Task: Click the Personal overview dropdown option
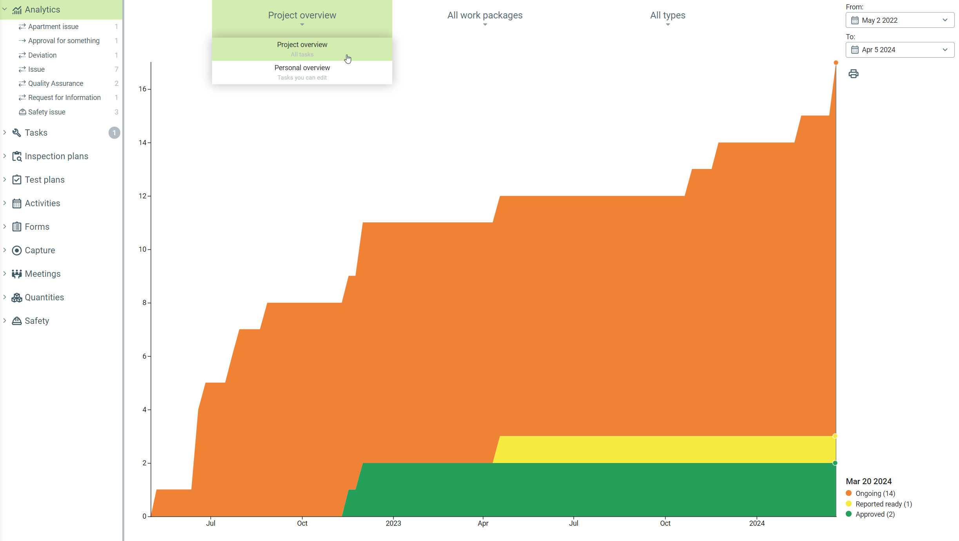coord(302,72)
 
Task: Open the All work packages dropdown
coord(485,16)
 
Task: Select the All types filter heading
coord(667,16)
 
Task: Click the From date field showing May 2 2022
coord(899,20)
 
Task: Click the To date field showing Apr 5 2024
coord(899,50)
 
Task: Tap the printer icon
coord(853,74)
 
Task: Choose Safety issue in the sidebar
coord(47,112)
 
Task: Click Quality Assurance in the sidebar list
coord(56,84)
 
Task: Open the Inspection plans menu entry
coord(56,156)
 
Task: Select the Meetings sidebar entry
coord(43,274)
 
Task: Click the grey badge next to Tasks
coord(114,133)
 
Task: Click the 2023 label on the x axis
coord(393,523)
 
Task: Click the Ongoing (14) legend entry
coord(875,493)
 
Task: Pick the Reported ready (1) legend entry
coord(883,504)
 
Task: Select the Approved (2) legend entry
coord(875,514)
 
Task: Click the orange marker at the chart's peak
coord(836,63)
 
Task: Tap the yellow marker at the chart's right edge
coord(835,436)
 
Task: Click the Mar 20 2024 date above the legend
coord(868,481)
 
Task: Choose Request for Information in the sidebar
coord(64,98)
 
